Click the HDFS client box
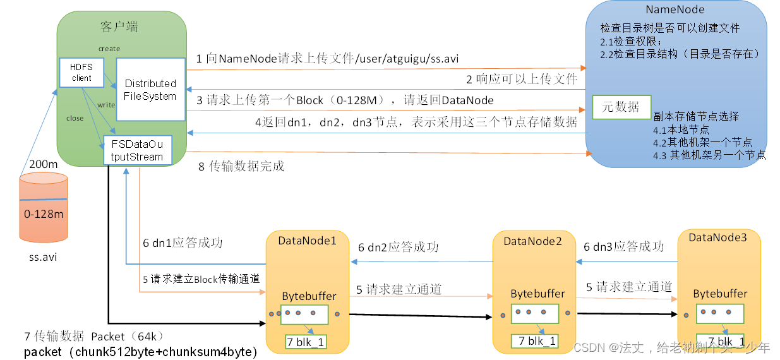coord(81,73)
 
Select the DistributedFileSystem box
coord(150,90)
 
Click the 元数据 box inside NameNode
coord(621,107)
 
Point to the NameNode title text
coord(675,9)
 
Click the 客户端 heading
coord(119,27)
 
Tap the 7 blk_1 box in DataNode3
coord(720,340)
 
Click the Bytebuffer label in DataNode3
coord(720,294)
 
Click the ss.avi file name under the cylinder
coord(43,257)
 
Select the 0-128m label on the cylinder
coord(44,214)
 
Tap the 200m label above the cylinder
coord(44,164)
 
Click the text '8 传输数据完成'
coord(241,167)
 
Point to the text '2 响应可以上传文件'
coord(522,80)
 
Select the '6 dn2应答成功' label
coord(399,248)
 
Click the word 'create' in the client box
coord(109,49)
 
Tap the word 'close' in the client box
coord(75,118)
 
